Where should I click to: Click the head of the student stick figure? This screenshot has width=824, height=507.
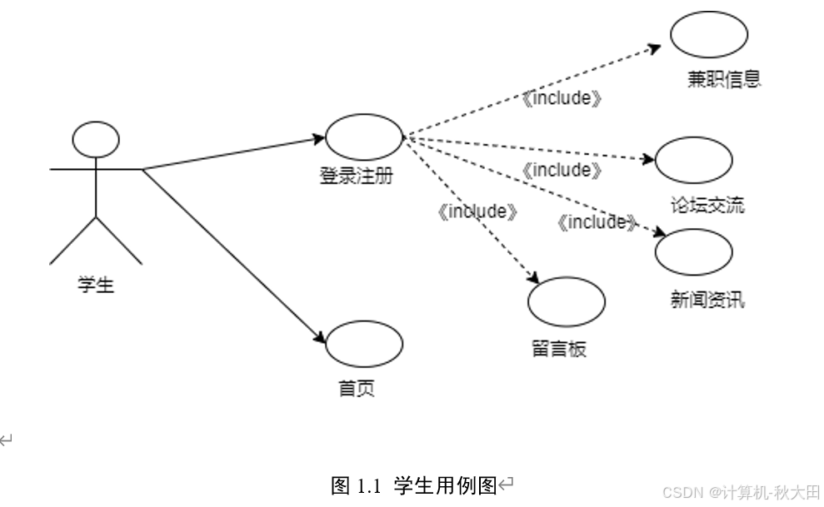coord(96,140)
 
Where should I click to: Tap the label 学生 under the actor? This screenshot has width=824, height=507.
coord(95,286)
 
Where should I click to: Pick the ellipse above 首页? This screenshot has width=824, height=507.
coord(363,344)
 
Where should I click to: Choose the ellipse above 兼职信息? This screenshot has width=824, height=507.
coord(709,35)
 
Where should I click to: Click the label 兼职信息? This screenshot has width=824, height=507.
coord(724,79)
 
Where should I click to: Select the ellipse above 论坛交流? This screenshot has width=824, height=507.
coord(693,158)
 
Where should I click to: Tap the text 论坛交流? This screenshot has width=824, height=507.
coord(707,204)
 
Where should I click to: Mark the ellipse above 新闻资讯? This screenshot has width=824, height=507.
coord(693,251)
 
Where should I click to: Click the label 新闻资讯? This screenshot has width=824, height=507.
coord(707,298)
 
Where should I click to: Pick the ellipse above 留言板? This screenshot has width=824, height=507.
coord(567,301)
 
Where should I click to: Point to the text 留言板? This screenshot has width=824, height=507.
coord(558,348)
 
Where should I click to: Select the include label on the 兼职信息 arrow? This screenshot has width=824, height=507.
coord(562,98)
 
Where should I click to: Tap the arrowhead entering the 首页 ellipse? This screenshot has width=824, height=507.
coord(319,337)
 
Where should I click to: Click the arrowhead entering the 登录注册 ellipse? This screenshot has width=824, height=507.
coord(319,138)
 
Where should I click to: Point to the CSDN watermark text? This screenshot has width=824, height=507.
coord(741,491)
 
